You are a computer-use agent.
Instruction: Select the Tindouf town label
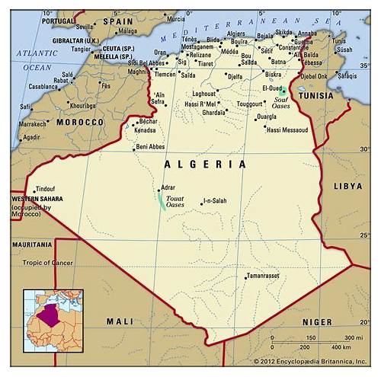(x=45, y=188)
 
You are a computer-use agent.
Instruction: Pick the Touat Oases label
(x=175, y=202)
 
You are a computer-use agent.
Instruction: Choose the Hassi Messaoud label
(x=287, y=129)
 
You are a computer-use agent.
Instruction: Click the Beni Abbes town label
(x=150, y=146)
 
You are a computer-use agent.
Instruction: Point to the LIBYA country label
(x=348, y=186)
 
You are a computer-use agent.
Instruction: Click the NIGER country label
(x=316, y=321)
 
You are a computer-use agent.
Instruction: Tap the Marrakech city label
(x=34, y=123)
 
